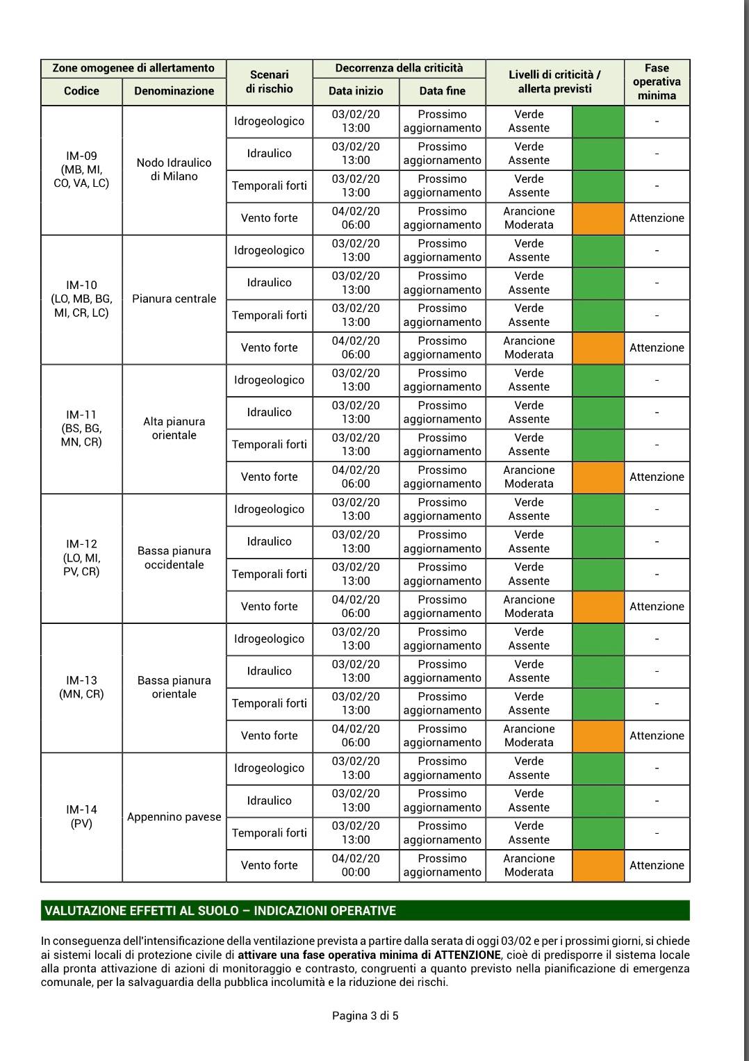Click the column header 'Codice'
pos(81,91)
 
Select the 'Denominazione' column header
pos(174,91)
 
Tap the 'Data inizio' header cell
pos(356,91)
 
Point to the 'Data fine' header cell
pos(442,91)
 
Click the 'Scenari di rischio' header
pos(269,82)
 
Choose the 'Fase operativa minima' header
pos(657,82)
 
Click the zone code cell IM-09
pos(81,170)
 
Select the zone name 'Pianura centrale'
pos(174,299)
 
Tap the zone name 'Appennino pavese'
pos(174,817)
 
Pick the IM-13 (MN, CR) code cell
pos(81,687)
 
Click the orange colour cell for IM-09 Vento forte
pos(598,218)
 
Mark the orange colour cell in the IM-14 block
pos(598,866)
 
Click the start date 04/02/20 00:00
pos(356,866)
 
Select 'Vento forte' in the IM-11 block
pos(269,477)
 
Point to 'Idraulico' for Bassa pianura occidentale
pos(269,542)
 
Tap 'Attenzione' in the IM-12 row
pos(657,607)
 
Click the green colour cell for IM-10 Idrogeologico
pos(598,251)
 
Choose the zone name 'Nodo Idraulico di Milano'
pos(174,170)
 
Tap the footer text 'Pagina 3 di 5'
pos(365,1016)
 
